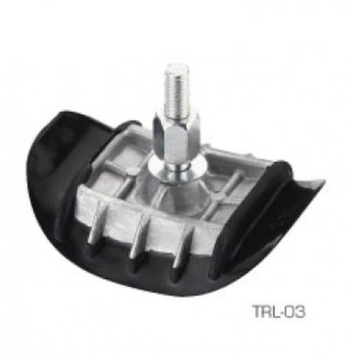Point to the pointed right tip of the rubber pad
click(320, 185)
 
